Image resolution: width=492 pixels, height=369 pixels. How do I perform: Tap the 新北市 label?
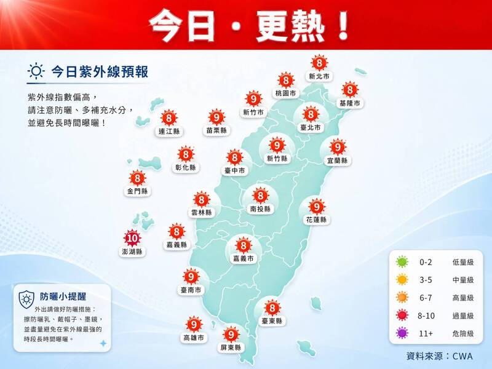319,77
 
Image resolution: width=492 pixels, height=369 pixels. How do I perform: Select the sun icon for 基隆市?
350,90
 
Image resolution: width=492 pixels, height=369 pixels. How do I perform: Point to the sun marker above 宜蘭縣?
337,147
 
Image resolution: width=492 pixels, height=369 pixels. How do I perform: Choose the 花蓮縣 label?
316,220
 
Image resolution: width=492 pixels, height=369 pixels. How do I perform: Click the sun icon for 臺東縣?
271,307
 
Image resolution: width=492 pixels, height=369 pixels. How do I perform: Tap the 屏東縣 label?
231,348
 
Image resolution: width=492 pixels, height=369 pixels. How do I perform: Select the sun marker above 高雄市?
193,324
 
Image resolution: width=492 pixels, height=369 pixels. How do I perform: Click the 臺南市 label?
191,290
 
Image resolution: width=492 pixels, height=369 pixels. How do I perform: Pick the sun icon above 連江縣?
167,117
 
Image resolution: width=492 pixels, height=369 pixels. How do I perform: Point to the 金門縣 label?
138,191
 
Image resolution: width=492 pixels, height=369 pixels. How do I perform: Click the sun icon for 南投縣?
260,196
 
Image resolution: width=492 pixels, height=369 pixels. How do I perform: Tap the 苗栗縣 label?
216,130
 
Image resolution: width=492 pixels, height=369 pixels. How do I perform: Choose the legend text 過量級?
462,315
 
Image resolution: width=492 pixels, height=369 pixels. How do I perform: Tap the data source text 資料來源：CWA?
440,355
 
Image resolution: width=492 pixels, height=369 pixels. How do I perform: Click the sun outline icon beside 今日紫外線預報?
36,72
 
